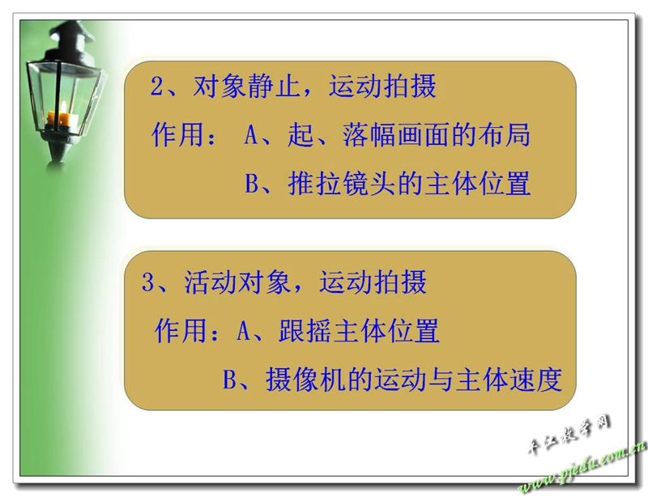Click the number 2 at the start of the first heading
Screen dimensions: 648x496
(157, 87)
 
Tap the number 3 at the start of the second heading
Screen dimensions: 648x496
(148, 282)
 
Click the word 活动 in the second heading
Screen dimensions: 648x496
(211, 282)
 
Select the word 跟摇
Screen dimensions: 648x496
(305, 330)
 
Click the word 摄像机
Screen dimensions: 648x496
(306, 379)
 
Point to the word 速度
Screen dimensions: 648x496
(535, 379)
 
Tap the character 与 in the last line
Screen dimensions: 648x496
(441, 379)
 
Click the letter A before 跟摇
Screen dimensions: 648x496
(244, 331)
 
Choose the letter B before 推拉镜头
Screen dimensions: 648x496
(252, 184)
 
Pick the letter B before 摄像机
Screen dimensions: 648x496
(229, 379)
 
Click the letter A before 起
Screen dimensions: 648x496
(251, 135)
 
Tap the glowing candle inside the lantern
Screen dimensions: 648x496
(62, 116)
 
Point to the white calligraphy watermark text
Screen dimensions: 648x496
(569, 435)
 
